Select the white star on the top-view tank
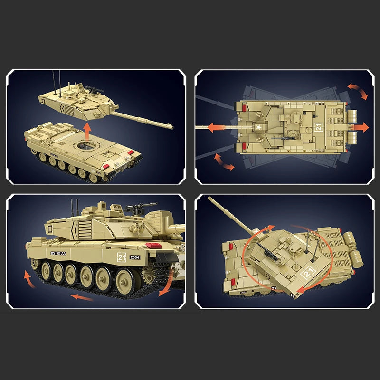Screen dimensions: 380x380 [x=259, y=127]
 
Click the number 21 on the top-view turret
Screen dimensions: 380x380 [x=318, y=127]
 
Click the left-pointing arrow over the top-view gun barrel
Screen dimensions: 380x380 [x=214, y=127]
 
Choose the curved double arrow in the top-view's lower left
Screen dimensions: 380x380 [x=224, y=161]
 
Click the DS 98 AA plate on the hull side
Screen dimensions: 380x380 [x=59, y=254]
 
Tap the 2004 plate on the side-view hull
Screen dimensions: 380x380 [x=134, y=257]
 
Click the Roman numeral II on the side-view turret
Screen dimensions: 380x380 [x=50, y=226]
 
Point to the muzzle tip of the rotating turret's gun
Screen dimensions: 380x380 [x=209, y=200]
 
